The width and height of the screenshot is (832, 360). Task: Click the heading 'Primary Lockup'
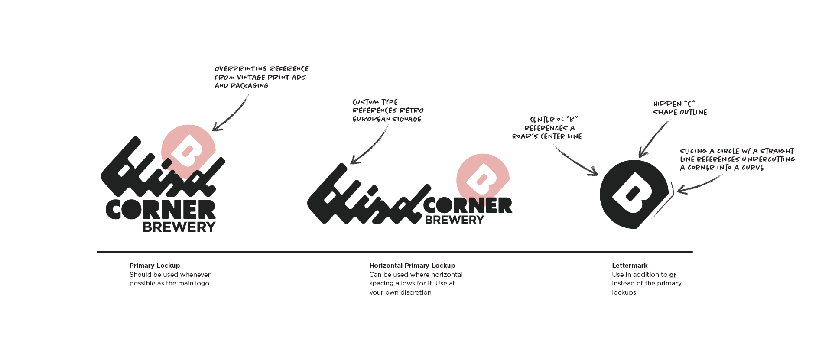[x=154, y=266]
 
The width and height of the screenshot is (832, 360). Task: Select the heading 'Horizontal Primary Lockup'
[x=412, y=266]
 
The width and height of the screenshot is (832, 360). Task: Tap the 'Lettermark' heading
[x=630, y=266]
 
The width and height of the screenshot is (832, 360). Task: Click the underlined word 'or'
[x=673, y=275]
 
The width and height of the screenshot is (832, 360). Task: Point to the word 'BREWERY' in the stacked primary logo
[x=179, y=227]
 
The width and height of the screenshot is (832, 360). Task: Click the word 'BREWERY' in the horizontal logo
[x=454, y=220]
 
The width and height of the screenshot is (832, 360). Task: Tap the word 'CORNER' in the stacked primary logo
[x=161, y=210]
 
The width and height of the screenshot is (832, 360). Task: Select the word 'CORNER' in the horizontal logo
[x=468, y=205]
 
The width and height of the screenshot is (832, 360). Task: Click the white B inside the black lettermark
[x=633, y=193]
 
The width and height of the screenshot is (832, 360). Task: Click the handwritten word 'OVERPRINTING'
[x=240, y=69]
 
